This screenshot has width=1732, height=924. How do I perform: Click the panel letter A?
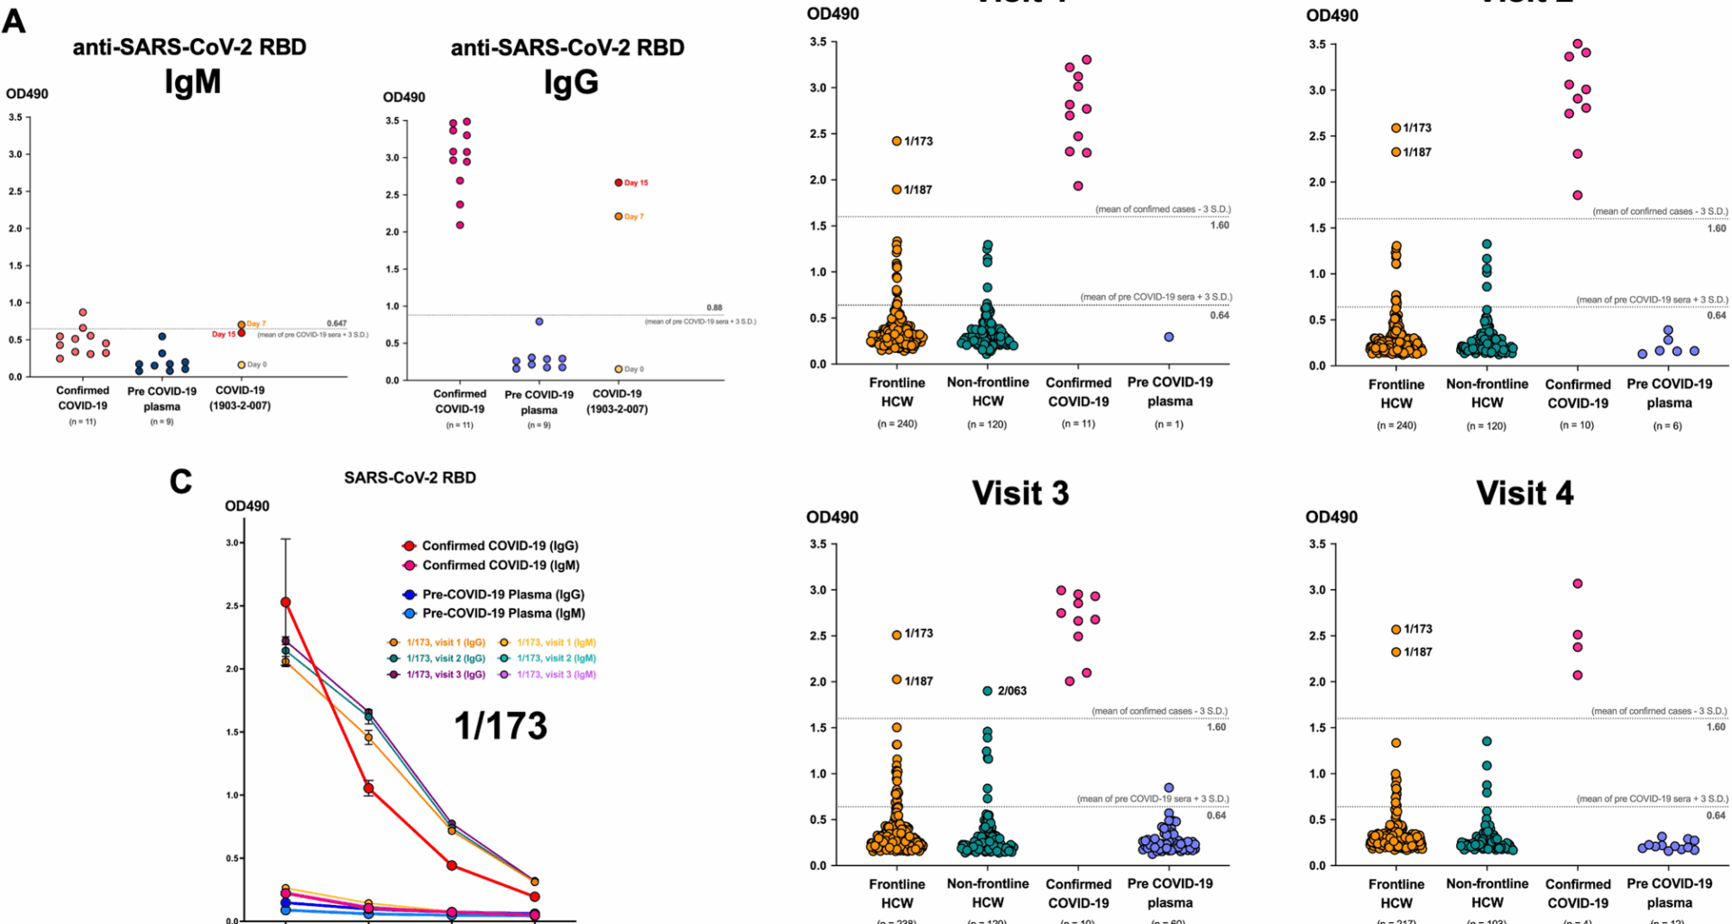coord(14,21)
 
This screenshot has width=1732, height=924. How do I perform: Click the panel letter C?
coord(180,481)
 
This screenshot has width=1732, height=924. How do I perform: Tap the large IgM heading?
coord(192,82)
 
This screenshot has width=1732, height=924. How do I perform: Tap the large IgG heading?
coord(570,82)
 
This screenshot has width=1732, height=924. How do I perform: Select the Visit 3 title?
coord(1019,494)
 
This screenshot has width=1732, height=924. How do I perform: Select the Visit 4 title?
coord(1524,494)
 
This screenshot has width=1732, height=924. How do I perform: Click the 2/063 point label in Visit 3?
coord(1012,691)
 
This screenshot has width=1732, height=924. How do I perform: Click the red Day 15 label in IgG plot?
coord(636,183)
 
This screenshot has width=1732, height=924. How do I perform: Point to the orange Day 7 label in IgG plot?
coord(634,217)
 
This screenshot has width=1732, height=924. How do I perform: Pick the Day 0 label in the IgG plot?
coord(634,369)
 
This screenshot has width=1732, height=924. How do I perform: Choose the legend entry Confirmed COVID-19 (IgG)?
coord(500,546)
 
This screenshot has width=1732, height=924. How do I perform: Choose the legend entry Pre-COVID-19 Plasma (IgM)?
coord(503,614)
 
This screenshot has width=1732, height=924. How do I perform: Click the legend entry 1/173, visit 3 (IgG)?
coord(445,675)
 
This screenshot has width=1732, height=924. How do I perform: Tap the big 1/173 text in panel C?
coord(500,726)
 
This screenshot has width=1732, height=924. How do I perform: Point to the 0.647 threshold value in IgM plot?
coord(336,323)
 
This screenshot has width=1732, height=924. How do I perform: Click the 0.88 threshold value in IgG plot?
coord(714,308)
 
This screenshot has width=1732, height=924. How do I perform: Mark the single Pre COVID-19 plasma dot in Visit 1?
coord(1169,337)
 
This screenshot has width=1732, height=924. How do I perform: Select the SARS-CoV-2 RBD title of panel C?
coord(410,478)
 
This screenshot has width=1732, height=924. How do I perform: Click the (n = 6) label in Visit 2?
coord(1667,426)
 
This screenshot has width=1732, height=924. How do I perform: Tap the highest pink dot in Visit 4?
coord(1578,584)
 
